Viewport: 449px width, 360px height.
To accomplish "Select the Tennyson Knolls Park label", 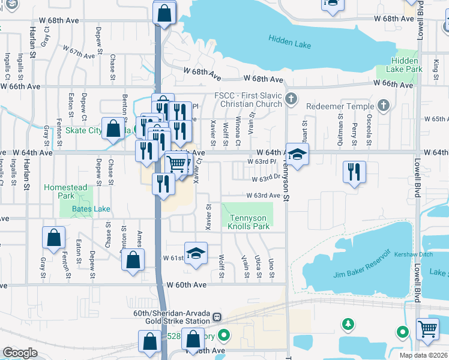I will [x=249, y=222].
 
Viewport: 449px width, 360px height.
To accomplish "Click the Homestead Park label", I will [x=65, y=191].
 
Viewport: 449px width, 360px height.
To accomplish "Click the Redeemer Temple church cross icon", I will [x=384, y=106].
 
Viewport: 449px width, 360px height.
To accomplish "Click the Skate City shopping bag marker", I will [x=113, y=128].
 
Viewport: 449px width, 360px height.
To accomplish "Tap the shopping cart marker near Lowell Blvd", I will [x=427, y=328].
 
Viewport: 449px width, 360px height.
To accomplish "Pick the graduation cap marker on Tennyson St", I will [x=297, y=154].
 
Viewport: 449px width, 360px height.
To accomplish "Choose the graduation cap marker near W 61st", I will [x=196, y=254].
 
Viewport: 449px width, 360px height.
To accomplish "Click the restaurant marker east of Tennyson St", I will [x=355, y=171].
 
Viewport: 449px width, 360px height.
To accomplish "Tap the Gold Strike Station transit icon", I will [x=217, y=317].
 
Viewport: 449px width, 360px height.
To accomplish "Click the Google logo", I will [x=20, y=353].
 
